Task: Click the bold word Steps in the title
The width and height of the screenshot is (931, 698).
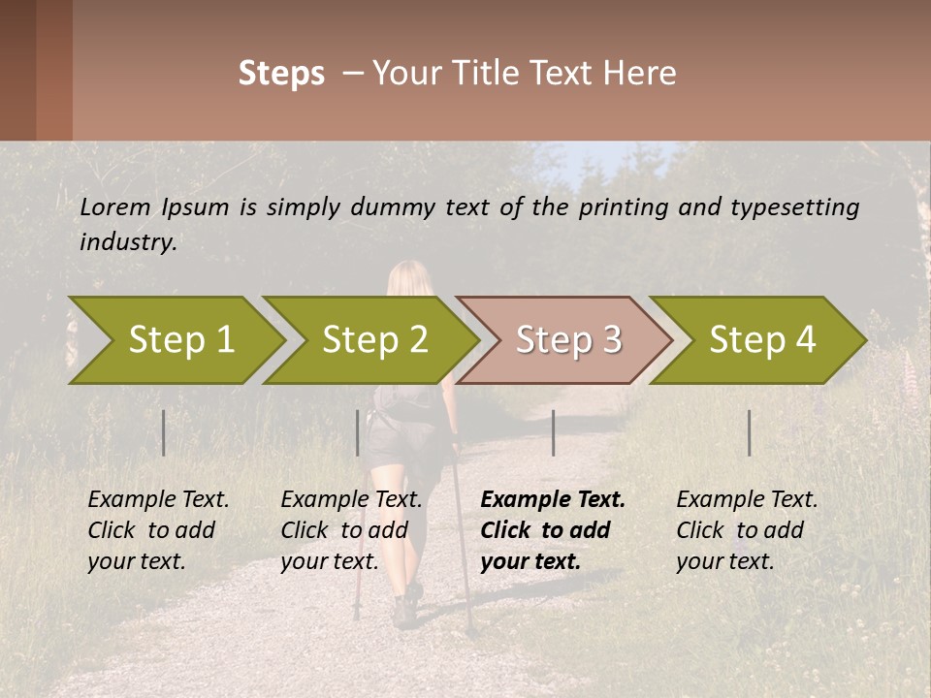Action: [281, 74]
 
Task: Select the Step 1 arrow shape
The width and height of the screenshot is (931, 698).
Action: [175, 340]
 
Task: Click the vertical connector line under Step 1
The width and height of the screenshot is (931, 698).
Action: [164, 432]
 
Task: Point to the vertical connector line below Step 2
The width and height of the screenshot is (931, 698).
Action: [358, 432]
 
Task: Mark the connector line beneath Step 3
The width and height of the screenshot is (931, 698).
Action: [553, 432]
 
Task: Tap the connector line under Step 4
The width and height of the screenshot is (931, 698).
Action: [749, 432]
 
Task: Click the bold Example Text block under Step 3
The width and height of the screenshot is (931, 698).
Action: [551, 530]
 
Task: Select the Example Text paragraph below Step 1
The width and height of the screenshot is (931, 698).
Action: [157, 530]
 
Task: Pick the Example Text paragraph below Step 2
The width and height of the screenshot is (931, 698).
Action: [350, 530]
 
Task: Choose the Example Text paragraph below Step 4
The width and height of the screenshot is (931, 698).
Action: [746, 530]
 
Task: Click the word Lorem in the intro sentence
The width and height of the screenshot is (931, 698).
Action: [114, 206]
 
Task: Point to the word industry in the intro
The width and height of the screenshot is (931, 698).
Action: [127, 242]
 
